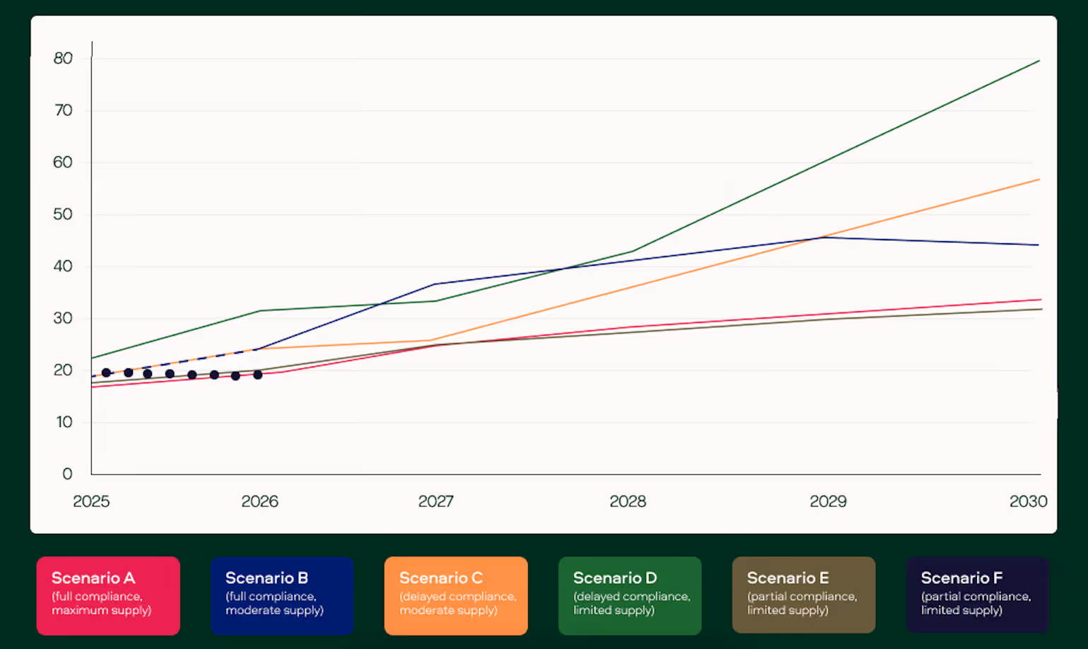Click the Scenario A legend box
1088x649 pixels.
(x=108, y=595)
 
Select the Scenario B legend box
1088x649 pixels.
(x=282, y=595)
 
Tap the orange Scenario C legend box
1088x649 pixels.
(x=456, y=595)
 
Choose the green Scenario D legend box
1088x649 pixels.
(x=630, y=595)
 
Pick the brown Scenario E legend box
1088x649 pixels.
(x=804, y=595)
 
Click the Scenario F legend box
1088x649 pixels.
(x=978, y=595)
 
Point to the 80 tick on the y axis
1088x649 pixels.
(x=63, y=58)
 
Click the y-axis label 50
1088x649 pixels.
(x=63, y=214)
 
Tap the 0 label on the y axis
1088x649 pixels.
(x=68, y=474)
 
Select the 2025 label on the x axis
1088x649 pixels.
(x=91, y=501)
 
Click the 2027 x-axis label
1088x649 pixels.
(x=435, y=501)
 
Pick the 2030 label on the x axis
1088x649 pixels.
(x=1028, y=501)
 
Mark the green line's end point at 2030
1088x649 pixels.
(x=1039, y=61)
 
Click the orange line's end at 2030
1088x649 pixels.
(x=1039, y=180)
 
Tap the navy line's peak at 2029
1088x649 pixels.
(x=824, y=238)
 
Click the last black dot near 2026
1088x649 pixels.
(x=258, y=375)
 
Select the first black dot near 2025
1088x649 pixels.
(x=106, y=373)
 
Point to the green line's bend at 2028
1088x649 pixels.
(x=633, y=251)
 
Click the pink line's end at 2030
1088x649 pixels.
(x=1041, y=300)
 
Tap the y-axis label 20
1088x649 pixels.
(x=63, y=370)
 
